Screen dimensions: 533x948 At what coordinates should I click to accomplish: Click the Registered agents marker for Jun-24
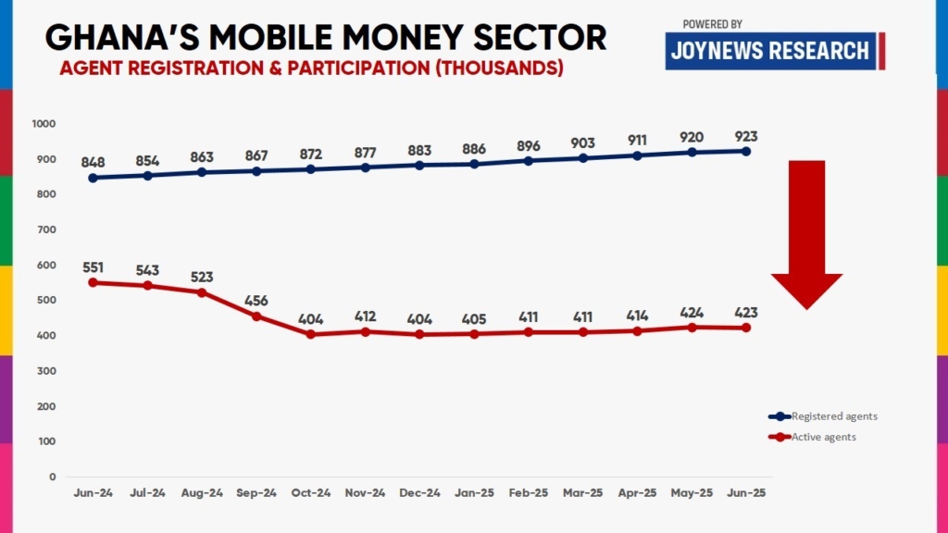(93, 178)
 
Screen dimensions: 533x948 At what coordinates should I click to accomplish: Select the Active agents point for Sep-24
(256, 316)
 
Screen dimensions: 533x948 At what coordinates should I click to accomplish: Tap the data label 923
(745, 136)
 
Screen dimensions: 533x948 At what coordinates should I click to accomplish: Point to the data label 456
(256, 301)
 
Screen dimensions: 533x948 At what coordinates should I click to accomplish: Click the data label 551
(93, 266)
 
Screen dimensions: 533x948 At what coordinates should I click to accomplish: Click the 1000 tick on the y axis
(44, 124)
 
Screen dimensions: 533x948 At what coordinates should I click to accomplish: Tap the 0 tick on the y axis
(52, 477)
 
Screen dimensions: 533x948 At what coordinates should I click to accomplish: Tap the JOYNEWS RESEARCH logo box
(771, 50)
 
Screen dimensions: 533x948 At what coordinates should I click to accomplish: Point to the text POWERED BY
(712, 23)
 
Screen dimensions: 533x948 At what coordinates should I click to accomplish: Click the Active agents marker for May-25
(691, 327)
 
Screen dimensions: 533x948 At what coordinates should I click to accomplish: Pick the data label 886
(474, 148)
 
